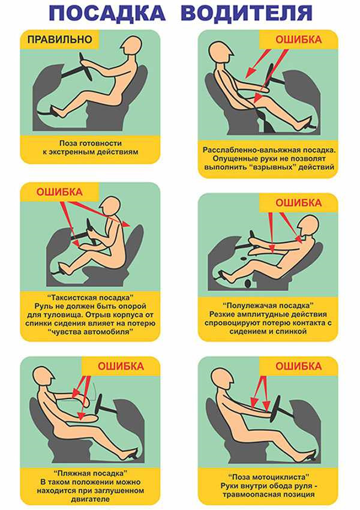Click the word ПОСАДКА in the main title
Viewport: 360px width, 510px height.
click(107, 13)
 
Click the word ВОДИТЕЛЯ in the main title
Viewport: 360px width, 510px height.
click(247, 13)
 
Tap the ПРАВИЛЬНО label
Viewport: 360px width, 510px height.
click(60, 40)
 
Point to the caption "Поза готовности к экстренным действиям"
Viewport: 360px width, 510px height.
click(90, 148)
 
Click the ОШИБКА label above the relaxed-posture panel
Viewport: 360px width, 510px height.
click(298, 40)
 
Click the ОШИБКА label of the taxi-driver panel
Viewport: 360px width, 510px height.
click(59, 192)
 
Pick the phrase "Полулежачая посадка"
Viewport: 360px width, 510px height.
click(268, 306)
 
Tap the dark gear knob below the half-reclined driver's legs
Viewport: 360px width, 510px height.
click(248, 283)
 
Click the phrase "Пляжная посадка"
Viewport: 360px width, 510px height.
click(91, 473)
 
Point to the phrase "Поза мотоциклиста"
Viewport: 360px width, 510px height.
click(268, 477)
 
